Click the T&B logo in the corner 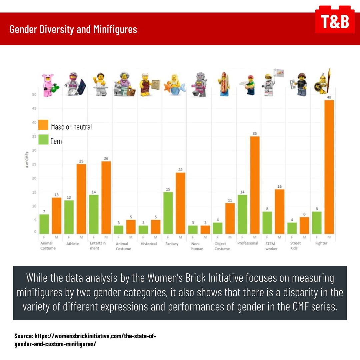pos(335,21)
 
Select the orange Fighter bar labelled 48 pos(329,167)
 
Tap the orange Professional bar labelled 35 pos(255,185)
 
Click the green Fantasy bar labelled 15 pos(168,213)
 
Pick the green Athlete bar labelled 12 pos(69,217)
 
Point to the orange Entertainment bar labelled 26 pos(106,197)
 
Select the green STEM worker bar pos(267,222)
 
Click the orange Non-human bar pos(205,229)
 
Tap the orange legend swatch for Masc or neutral pos(43,125)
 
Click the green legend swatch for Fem pos(43,139)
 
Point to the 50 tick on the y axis pos(34,95)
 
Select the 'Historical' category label pos(148,244)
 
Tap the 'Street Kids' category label pos(293,246)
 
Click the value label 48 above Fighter pos(329,97)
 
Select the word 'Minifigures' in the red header pos(115,29)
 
